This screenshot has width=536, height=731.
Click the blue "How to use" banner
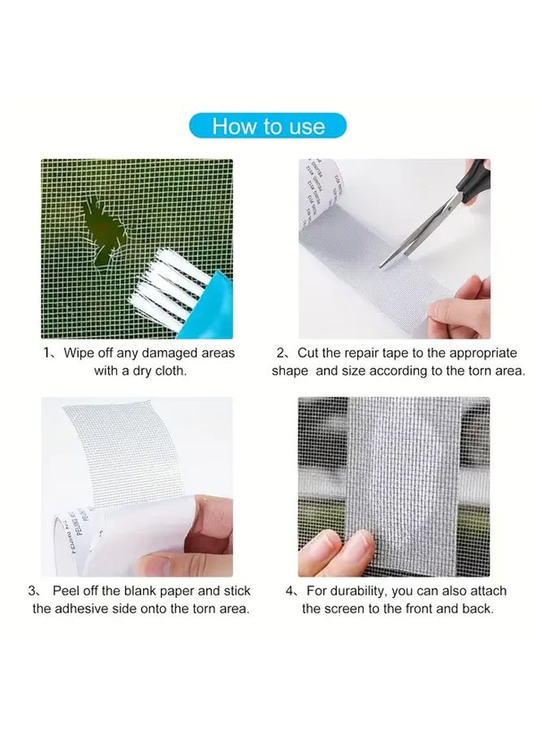click(x=268, y=126)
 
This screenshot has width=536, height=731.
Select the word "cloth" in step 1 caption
click(x=169, y=370)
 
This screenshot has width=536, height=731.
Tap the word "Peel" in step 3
click(x=68, y=590)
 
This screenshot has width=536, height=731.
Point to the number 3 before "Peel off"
click(x=32, y=590)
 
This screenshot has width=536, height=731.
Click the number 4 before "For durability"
click(x=290, y=590)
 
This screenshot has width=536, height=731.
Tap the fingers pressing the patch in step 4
click(x=333, y=548)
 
